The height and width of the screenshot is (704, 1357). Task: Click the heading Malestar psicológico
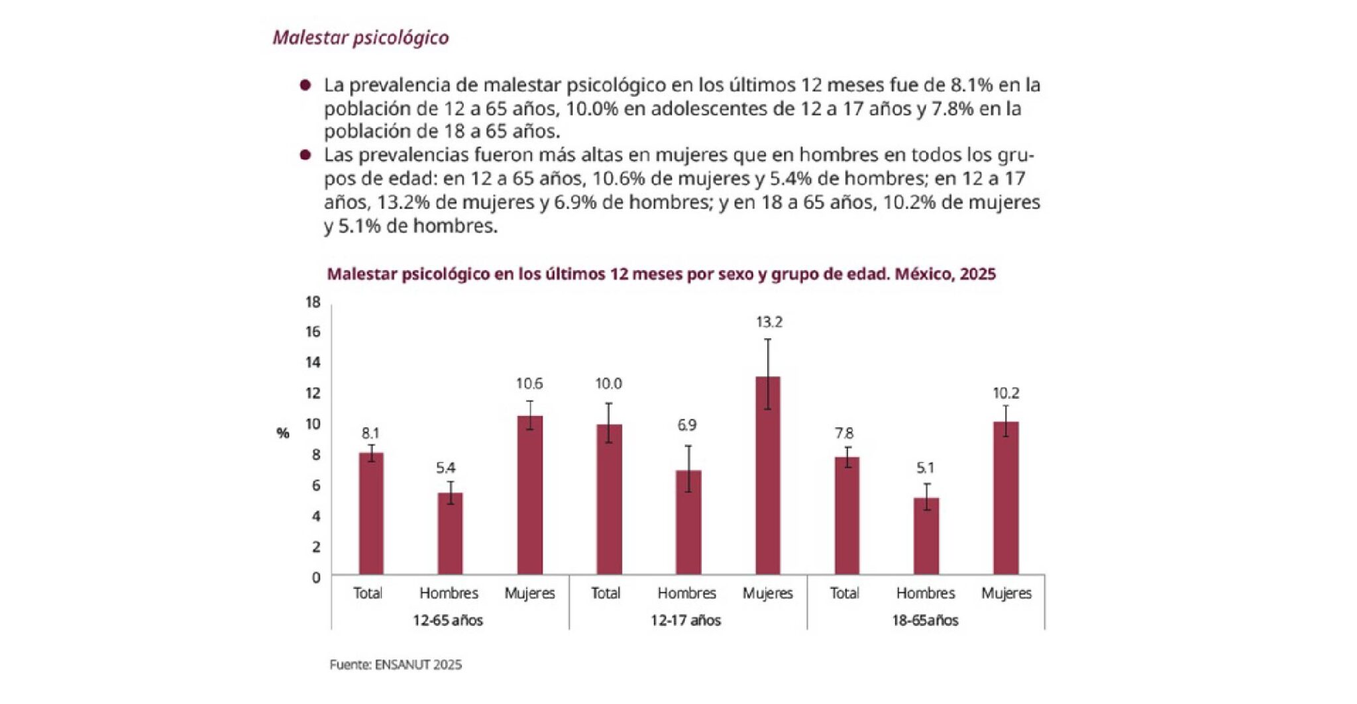[x=360, y=38]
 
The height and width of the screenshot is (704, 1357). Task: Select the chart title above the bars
[x=661, y=274]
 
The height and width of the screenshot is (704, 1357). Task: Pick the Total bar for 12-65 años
[x=371, y=513]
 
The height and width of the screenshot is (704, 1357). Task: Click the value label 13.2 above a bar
[x=769, y=323]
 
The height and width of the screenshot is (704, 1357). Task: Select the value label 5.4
[x=445, y=468]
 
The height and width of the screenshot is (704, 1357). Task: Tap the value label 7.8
[x=844, y=433]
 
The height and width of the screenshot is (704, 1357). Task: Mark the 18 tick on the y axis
[x=313, y=303]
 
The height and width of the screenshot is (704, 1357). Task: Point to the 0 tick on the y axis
[x=316, y=578]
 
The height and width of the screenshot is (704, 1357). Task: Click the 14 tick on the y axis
[x=313, y=362]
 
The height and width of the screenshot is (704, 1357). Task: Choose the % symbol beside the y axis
[x=283, y=433]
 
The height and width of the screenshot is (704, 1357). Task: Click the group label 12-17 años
[x=685, y=621]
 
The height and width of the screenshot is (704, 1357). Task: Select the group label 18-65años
[x=925, y=621]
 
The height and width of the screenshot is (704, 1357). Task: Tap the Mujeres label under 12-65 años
[x=529, y=593]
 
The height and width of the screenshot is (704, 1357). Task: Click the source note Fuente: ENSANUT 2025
[x=396, y=664]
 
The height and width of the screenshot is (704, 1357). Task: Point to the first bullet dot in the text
[x=305, y=85]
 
